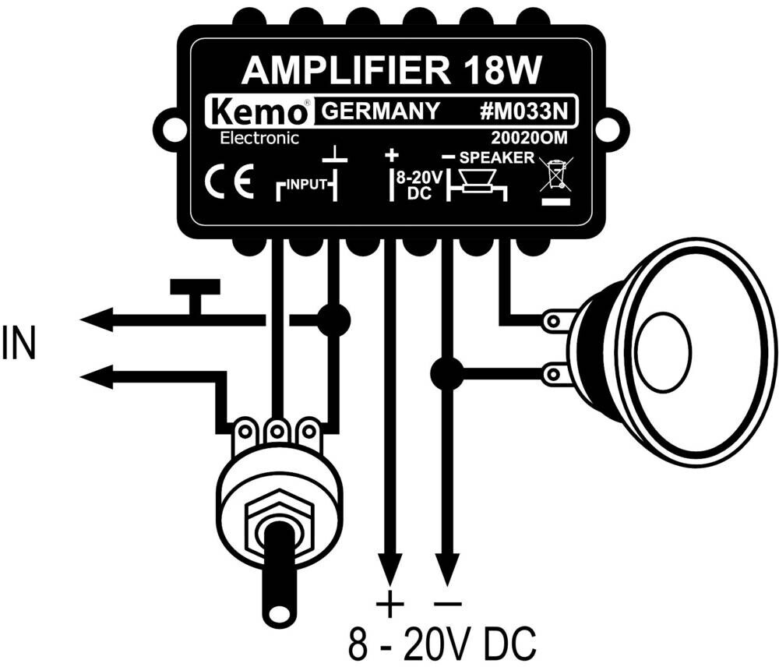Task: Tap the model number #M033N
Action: click(523, 111)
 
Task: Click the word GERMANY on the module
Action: click(381, 111)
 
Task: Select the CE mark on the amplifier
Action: click(230, 182)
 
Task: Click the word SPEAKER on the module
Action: click(497, 157)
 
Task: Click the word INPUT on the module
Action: click(307, 185)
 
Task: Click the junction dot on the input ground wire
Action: click(333, 320)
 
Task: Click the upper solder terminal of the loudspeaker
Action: click(553, 321)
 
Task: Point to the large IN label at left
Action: click(19, 344)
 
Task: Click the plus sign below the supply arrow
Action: click(390, 604)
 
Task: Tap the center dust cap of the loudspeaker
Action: click(664, 344)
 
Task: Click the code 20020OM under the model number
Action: click(529, 138)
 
